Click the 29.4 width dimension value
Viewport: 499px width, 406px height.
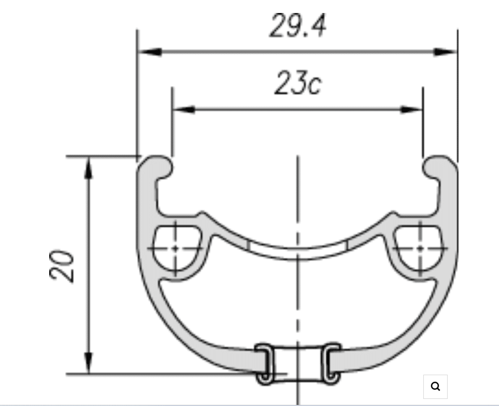[297, 26]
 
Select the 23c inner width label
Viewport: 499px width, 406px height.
[298, 83]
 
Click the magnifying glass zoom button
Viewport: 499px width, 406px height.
[435, 387]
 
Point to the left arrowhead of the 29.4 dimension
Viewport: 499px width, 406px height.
[150, 52]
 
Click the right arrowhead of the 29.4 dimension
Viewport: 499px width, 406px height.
[445, 52]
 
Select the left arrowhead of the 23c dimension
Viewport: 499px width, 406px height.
[184, 110]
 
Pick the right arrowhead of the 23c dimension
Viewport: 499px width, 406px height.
[411, 110]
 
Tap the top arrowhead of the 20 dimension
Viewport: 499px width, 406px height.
[89, 168]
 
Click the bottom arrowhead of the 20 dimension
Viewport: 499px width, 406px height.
[89, 363]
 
